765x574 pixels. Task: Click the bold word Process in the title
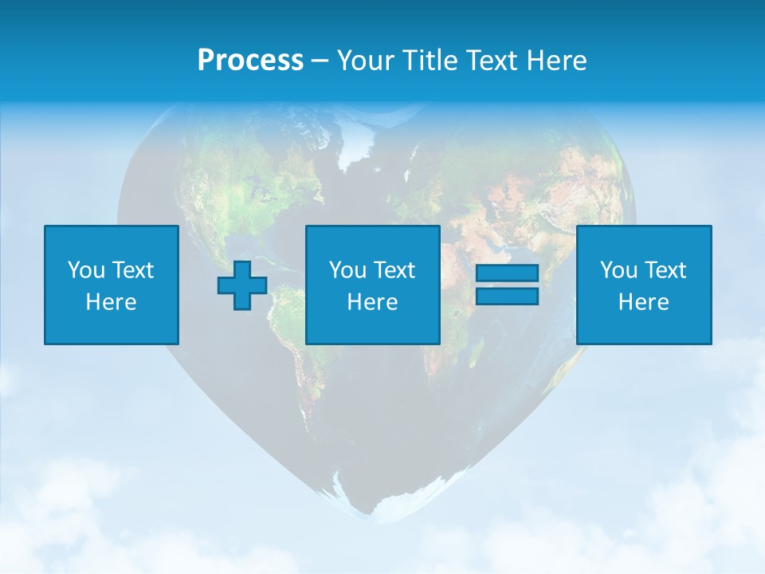pyautogui.click(x=250, y=61)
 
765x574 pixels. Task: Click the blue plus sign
pyautogui.click(x=242, y=285)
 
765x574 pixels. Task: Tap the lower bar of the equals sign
pyautogui.click(x=507, y=297)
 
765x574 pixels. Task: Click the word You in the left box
pyautogui.click(x=86, y=270)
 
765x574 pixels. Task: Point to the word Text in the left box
pyautogui.click(x=132, y=270)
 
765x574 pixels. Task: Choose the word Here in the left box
pyautogui.click(x=111, y=302)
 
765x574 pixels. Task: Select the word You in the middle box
pyautogui.click(x=347, y=270)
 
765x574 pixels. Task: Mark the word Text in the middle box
pyautogui.click(x=394, y=270)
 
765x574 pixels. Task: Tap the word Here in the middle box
pyautogui.click(x=372, y=302)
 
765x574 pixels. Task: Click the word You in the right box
pyautogui.click(x=618, y=270)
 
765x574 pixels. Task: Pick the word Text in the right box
pyautogui.click(x=665, y=270)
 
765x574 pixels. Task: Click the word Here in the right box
pyautogui.click(x=643, y=302)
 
